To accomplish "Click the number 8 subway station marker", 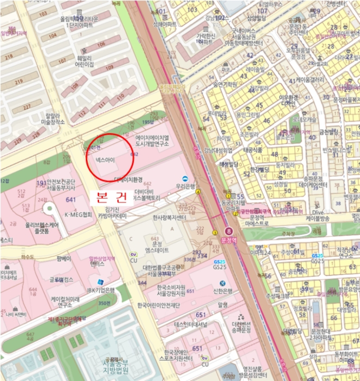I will [228, 231].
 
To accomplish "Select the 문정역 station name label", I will [228, 239].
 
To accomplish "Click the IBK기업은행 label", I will [102, 290].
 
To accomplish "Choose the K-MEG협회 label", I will [78, 214].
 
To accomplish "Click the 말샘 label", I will [222, 306].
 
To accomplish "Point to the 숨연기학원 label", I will [225, 84].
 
